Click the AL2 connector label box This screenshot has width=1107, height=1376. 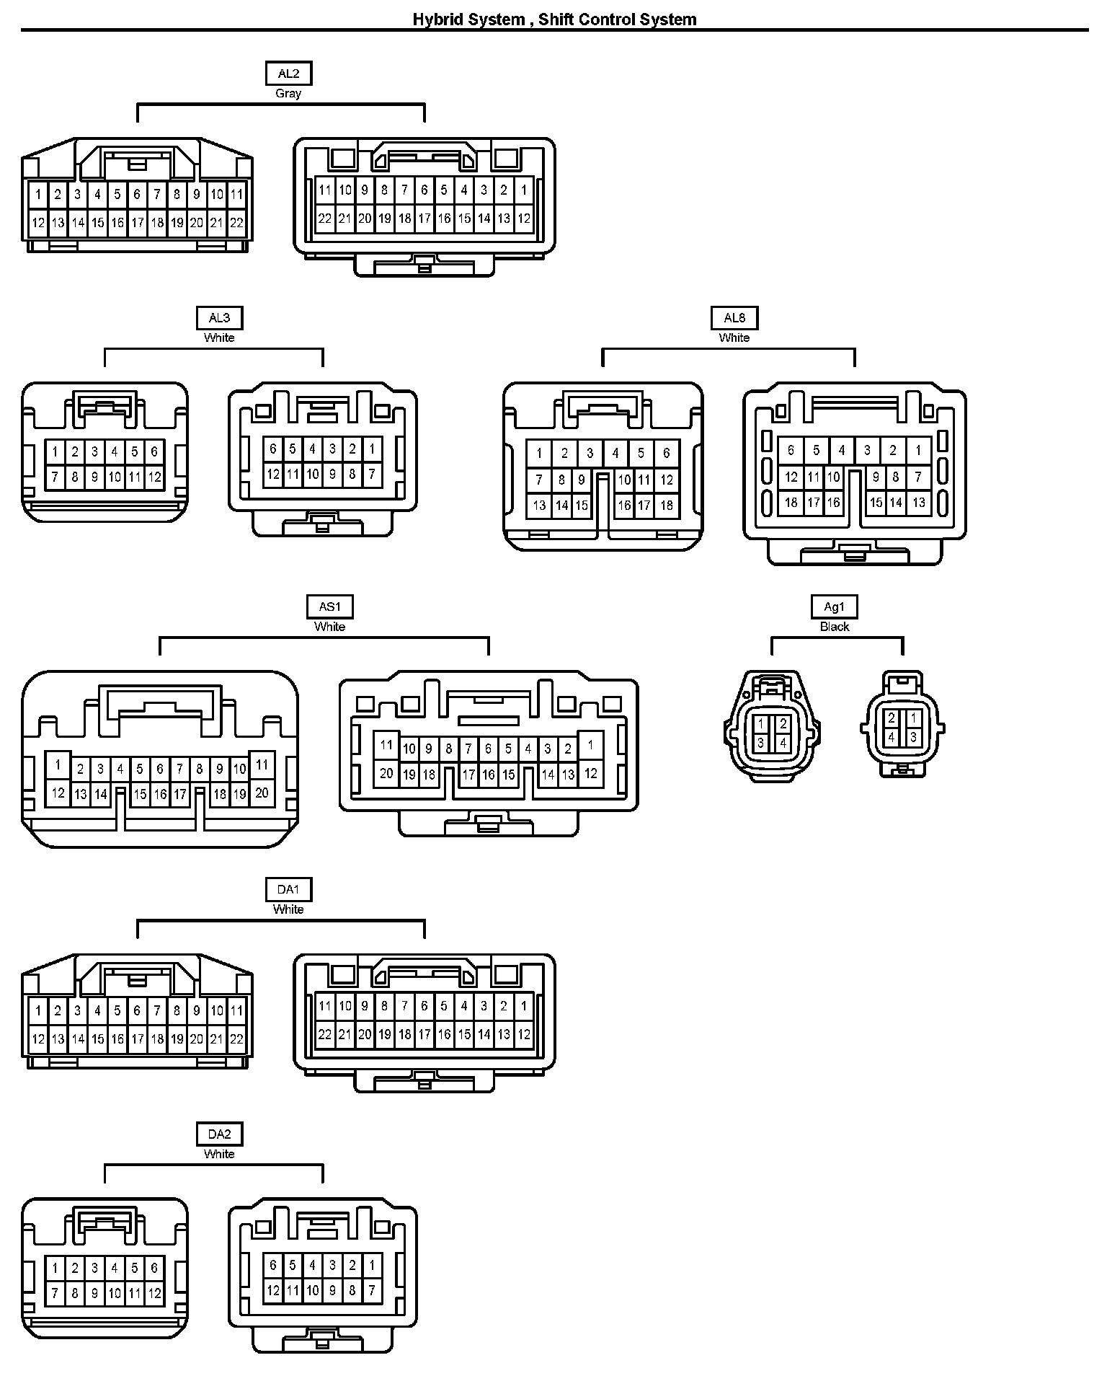pyautogui.click(x=288, y=74)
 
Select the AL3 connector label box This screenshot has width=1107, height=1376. pyautogui.click(x=219, y=318)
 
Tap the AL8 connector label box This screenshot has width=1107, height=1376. pyautogui.click(x=734, y=318)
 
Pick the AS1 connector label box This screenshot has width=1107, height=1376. pyautogui.click(x=330, y=607)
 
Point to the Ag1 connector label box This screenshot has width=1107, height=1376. pyautogui.click(x=835, y=607)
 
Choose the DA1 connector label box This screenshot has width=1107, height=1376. pyautogui.click(x=288, y=890)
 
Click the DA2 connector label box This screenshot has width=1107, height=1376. pyautogui.click(x=219, y=1134)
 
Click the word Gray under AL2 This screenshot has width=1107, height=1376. pyautogui.click(x=288, y=94)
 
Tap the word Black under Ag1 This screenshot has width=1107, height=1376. pyautogui.click(x=835, y=627)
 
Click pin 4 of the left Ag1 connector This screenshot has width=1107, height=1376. pyautogui.click(x=783, y=743)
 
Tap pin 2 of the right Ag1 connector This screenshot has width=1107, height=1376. pyautogui.click(x=892, y=718)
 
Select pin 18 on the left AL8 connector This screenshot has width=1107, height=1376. pyautogui.click(x=667, y=506)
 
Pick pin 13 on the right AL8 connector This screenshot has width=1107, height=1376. pyautogui.click(x=918, y=503)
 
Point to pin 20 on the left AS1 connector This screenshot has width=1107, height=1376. pyautogui.click(x=262, y=793)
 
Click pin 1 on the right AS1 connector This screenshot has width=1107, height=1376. pyautogui.click(x=590, y=746)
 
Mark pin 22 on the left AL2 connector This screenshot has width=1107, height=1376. pyautogui.click(x=236, y=223)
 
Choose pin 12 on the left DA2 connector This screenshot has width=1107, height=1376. pyautogui.click(x=154, y=1294)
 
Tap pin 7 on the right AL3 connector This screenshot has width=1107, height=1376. pyautogui.click(x=372, y=474)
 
